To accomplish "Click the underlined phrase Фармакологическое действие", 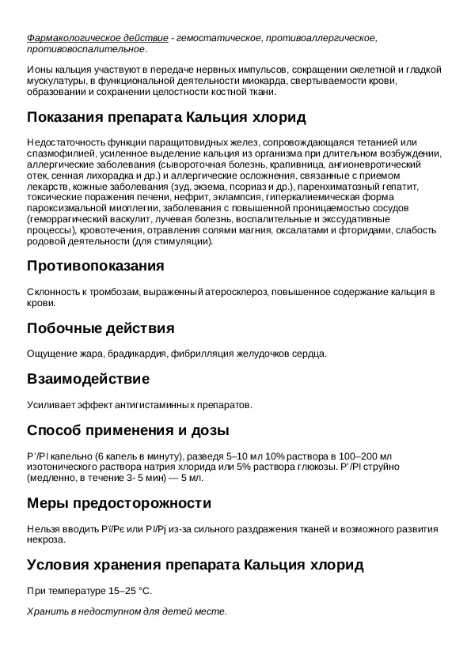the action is point(97,37).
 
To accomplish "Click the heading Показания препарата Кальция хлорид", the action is point(166,117).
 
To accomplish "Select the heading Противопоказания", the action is point(96,265).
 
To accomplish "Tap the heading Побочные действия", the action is point(101,327).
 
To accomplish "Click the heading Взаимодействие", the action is point(88,379).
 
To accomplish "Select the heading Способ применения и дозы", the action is point(128,430).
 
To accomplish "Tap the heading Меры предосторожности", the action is point(120,503).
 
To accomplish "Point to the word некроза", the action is point(45,540).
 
